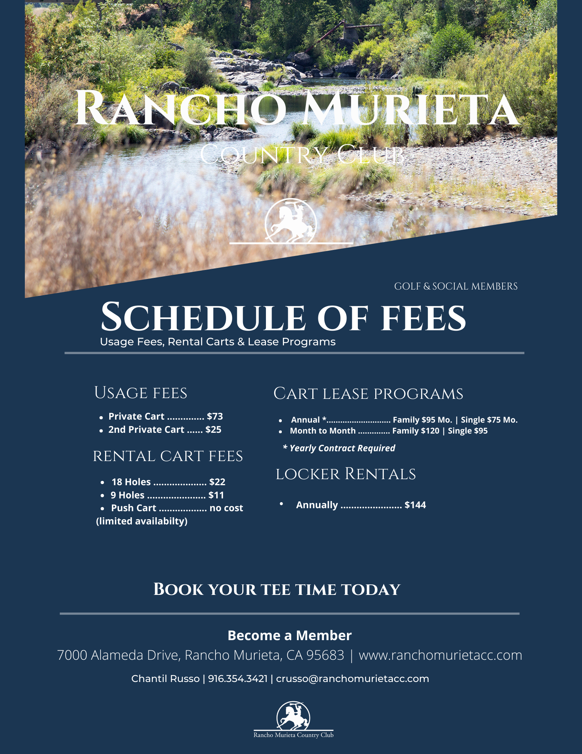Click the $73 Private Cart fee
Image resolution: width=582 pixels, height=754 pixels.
[215, 416]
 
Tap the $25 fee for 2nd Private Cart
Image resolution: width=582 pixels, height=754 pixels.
[213, 429]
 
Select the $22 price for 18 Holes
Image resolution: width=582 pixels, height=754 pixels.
[217, 482]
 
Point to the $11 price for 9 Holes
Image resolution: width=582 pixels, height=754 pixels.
[216, 495]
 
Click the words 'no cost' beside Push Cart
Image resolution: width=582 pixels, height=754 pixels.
[226, 508]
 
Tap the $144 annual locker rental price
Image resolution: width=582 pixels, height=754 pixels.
[415, 505]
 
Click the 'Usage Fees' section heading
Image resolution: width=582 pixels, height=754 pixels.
[141, 393]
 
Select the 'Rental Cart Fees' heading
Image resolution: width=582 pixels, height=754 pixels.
[168, 456]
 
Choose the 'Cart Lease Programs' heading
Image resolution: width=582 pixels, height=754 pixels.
[368, 394]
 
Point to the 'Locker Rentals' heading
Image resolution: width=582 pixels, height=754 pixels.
[345, 474]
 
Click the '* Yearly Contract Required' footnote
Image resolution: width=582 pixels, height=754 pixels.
[339, 448]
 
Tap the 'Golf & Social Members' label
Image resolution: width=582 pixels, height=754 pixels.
[456, 286]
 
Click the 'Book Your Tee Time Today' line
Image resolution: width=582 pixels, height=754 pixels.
[277, 590]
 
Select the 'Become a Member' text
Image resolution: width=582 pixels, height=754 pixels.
[289, 635]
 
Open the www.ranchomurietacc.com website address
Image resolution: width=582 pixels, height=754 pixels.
[440, 655]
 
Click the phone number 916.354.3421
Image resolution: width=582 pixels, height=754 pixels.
[238, 679]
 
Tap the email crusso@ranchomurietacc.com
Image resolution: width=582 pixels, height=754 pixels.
[352, 679]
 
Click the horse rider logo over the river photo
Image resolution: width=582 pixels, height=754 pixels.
[290, 221]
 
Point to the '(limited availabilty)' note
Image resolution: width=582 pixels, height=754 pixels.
[142, 521]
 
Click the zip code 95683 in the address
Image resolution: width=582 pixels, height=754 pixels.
[325, 655]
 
